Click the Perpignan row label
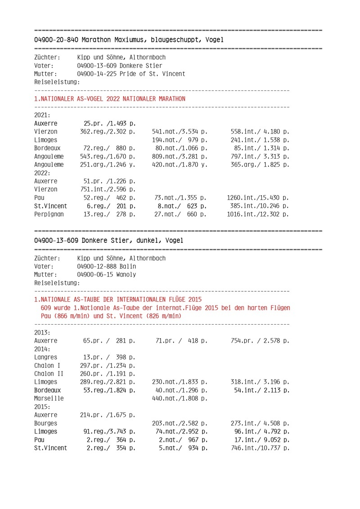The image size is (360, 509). (x=49, y=214)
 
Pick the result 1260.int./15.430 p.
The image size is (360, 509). (x=258, y=197)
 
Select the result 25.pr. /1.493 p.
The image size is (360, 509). (x=109, y=123)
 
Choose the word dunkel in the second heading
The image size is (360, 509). (x=149, y=241)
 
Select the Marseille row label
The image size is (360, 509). (x=49, y=398)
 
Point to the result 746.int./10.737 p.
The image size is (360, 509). (x=258, y=448)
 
